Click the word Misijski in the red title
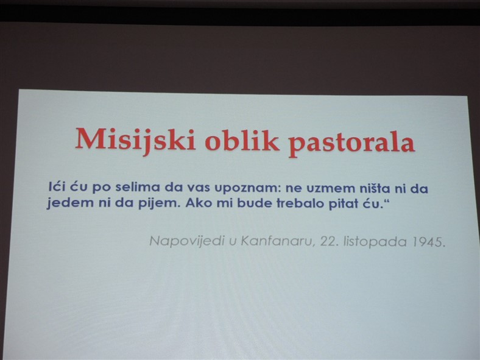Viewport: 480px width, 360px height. pyautogui.click(x=136, y=141)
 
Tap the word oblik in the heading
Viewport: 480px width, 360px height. pyautogui.click(x=242, y=141)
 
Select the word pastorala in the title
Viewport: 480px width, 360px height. pyautogui.click(x=351, y=143)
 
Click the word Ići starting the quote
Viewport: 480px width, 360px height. pyautogui.click(x=57, y=186)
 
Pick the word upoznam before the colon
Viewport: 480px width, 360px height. pyautogui.click(x=247, y=189)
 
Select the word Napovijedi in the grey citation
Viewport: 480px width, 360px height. pyautogui.click(x=186, y=241)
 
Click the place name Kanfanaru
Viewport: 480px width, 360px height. pyautogui.click(x=278, y=242)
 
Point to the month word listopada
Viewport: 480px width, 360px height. pyautogui.click(x=375, y=242)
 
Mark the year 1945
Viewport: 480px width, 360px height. pyautogui.click(x=428, y=242)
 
